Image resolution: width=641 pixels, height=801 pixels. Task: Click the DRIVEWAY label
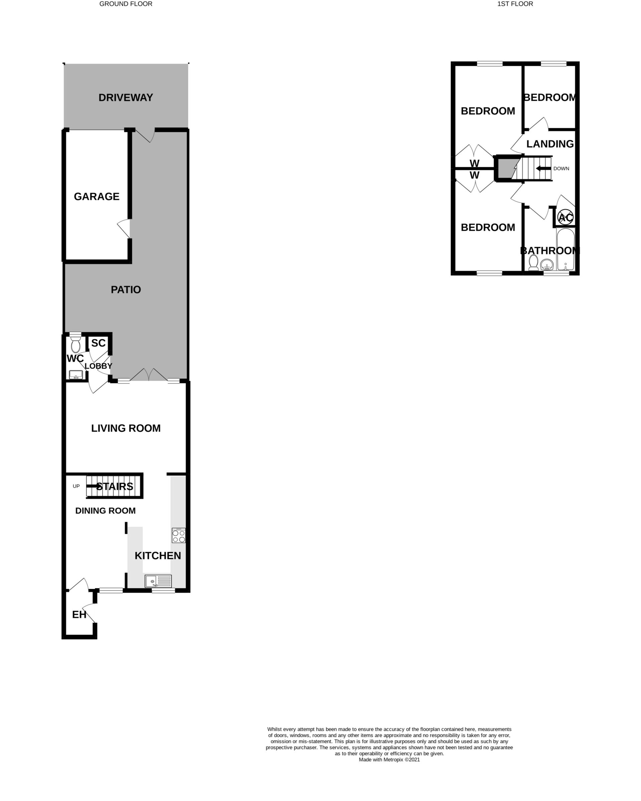[x=126, y=98]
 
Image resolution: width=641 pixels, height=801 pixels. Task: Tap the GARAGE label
[x=96, y=197]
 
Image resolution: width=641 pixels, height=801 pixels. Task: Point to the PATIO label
[x=126, y=290]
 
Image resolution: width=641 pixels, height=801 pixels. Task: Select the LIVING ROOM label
[x=126, y=428]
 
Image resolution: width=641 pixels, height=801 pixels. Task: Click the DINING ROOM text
[x=105, y=511]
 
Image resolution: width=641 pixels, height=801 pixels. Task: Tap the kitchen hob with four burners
[x=178, y=536]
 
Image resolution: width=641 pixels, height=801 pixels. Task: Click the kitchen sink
[x=158, y=581]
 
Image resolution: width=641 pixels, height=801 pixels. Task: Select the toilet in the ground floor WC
[x=75, y=344]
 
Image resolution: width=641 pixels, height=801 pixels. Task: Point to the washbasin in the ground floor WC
[x=76, y=374]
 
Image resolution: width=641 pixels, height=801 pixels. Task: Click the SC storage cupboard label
[x=98, y=343]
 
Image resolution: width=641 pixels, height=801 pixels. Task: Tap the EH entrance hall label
[x=79, y=615]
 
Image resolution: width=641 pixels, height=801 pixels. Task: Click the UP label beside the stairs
[x=76, y=486]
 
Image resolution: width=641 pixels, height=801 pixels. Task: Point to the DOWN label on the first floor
[x=561, y=169]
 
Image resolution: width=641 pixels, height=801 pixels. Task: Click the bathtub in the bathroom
[x=565, y=250]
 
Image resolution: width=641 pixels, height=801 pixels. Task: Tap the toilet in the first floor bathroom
[x=533, y=263]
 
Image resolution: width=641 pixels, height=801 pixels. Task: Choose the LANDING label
[x=550, y=144]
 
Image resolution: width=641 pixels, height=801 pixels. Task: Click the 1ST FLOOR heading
[x=515, y=4]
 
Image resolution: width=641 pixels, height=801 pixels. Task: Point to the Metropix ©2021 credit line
[x=389, y=760]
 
